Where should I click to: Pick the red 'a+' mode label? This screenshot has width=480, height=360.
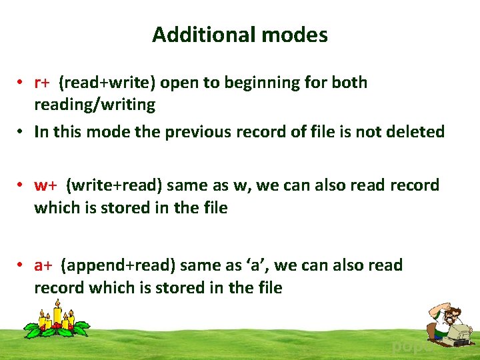click(x=44, y=265)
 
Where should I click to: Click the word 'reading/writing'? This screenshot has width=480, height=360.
click(x=95, y=105)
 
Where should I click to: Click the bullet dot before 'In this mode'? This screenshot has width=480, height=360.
click(x=23, y=132)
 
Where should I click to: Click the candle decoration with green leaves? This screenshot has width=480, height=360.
click(x=56, y=319)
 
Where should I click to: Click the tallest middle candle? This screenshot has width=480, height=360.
click(x=57, y=311)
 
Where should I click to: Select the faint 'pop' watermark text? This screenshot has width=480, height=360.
click(x=406, y=347)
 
